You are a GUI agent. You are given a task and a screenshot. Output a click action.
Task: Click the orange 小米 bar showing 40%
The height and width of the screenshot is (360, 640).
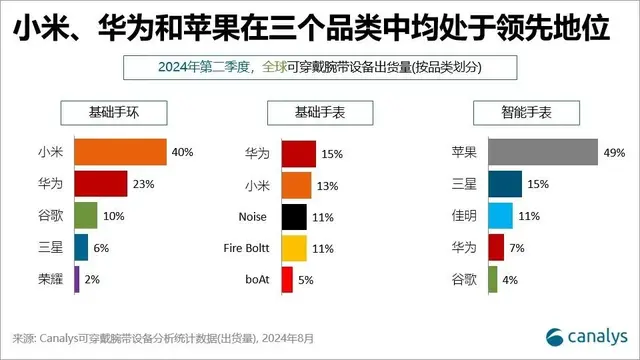(120, 152)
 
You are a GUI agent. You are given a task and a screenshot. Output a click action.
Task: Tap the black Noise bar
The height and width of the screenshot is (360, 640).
(294, 216)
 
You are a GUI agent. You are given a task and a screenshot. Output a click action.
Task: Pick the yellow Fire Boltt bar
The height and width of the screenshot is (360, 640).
(294, 247)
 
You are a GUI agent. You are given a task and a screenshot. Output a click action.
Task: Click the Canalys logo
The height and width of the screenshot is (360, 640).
(585, 335)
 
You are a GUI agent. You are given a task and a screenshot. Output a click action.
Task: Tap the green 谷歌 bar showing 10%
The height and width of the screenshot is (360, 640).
(85, 216)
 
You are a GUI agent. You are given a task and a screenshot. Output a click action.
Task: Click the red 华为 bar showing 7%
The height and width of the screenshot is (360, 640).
(496, 247)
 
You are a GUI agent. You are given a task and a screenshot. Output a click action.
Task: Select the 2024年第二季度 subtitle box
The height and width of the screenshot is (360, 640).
(320, 68)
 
